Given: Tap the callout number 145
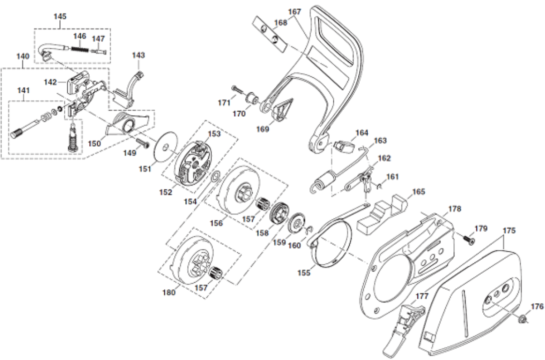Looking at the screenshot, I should click(x=60, y=16).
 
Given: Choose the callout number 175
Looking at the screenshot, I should click(x=509, y=231).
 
